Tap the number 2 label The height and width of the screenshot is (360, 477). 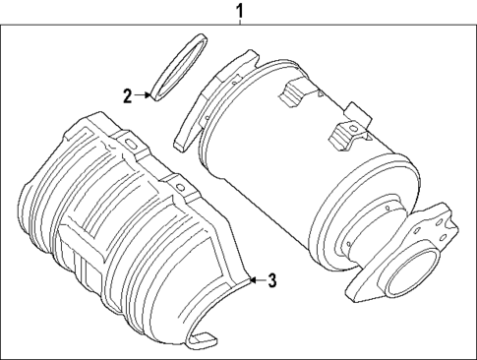coord(128,95)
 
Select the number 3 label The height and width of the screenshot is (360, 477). coord(272,280)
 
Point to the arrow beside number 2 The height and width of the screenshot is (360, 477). coord(144,95)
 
